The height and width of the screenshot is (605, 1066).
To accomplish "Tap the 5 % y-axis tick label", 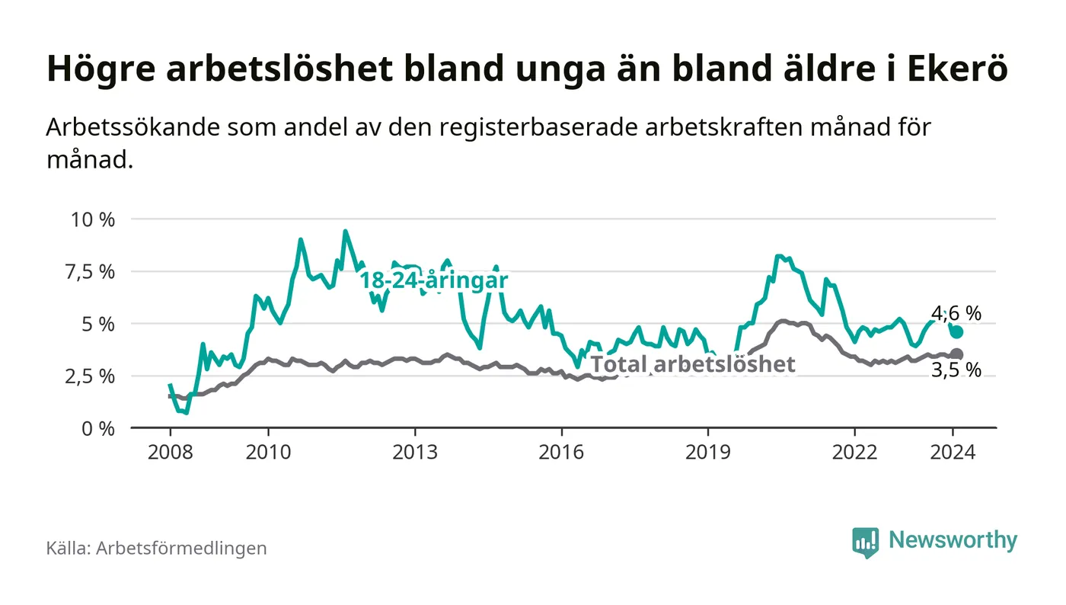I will click(97, 324).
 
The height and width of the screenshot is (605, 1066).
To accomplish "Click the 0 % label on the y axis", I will click(97, 428).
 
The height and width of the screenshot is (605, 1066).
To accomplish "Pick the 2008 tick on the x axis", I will click(169, 452).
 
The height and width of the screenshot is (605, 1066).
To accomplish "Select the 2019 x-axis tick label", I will click(708, 452).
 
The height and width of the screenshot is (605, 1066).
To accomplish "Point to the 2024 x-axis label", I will click(953, 452).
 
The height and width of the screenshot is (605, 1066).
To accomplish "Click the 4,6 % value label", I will click(956, 313).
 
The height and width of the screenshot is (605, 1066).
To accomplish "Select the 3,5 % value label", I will click(956, 371).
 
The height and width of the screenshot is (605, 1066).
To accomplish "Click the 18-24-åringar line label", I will click(433, 280).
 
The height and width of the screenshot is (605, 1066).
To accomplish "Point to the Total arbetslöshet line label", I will click(693, 364).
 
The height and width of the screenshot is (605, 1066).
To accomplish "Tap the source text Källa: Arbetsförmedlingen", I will click(156, 548).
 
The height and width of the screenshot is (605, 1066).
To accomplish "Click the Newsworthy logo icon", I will click(865, 542).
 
